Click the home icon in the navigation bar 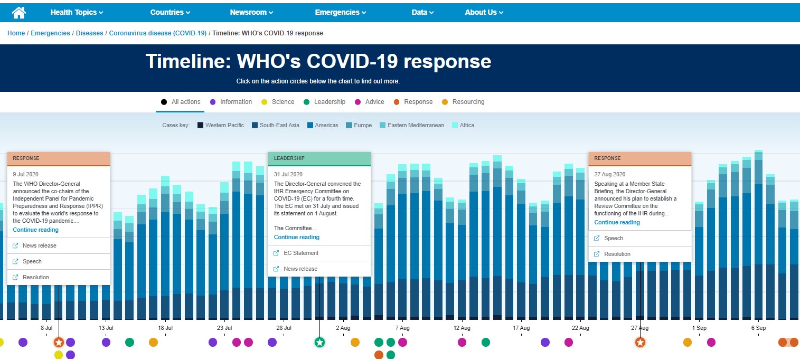click(x=19, y=12)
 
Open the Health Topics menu click(x=77, y=12)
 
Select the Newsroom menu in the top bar click(x=251, y=12)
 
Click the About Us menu click(x=484, y=12)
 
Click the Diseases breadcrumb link click(x=89, y=33)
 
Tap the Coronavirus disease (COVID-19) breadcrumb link click(x=157, y=33)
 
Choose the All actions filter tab click(x=180, y=102)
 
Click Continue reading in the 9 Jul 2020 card click(x=35, y=230)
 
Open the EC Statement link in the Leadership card click(x=300, y=253)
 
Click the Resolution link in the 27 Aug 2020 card click(x=617, y=254)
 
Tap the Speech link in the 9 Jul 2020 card click(x=32, y=261)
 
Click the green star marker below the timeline click(x=319, y=343)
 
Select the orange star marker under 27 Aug click(x=640, y=343)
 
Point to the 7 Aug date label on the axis click(x=402, y=328)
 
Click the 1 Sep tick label click(x=699, y=328)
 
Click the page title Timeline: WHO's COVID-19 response click(x=318, y=62)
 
